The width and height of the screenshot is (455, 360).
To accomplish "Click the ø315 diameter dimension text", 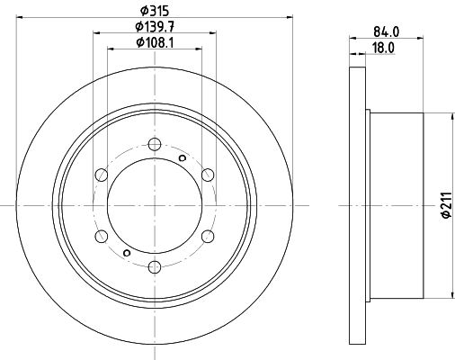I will pos(154,10).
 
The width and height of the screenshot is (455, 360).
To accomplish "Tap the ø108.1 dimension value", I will pos(154,41).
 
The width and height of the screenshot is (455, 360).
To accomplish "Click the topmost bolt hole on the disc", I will pos(155,143).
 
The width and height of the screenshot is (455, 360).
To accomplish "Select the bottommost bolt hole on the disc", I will pos(155,265).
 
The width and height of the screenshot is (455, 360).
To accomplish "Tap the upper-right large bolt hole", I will pos(208,174).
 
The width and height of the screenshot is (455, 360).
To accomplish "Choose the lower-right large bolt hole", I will pos(208,235).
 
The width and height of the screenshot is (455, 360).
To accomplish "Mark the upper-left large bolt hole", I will pos(102,174).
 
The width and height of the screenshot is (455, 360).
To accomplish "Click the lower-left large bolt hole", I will pos(102,235).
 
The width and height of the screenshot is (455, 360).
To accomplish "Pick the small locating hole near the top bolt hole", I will pos(182,158).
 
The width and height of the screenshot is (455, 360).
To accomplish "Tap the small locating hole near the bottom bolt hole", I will pos(127,251).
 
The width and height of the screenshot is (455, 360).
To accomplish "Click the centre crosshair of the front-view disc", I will pos(155,204).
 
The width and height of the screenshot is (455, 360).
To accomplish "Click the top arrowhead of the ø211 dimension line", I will pos(449,116).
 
